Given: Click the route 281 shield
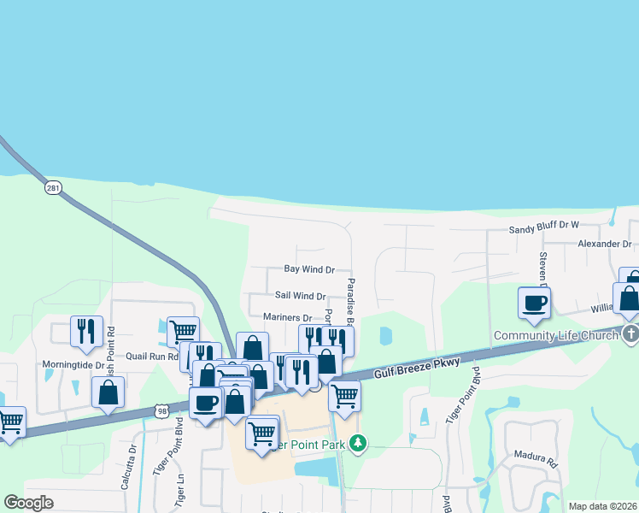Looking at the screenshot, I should [x=53, y=187].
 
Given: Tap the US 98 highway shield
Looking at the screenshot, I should [x=161, y=411].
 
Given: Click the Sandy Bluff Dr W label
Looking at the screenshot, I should [x=543, y=227].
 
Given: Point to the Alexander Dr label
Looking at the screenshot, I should [x=603, y=245].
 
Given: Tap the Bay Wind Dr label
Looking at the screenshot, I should [x=309, y=269].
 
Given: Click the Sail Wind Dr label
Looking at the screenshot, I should [x=300, y=297].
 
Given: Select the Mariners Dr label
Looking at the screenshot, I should [x=288, y=318].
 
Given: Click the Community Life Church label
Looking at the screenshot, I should [x=555, y=335].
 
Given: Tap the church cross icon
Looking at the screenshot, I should [x=630, y=334].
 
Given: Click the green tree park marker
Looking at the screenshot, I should [x=360, y=442].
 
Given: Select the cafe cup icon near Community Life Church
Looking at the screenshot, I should [x=535, y=302].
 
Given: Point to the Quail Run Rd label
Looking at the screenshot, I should [x=152, y=357].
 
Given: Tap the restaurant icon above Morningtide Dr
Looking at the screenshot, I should [x=86, y=330].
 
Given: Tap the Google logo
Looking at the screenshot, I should [x=29, y=503].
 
